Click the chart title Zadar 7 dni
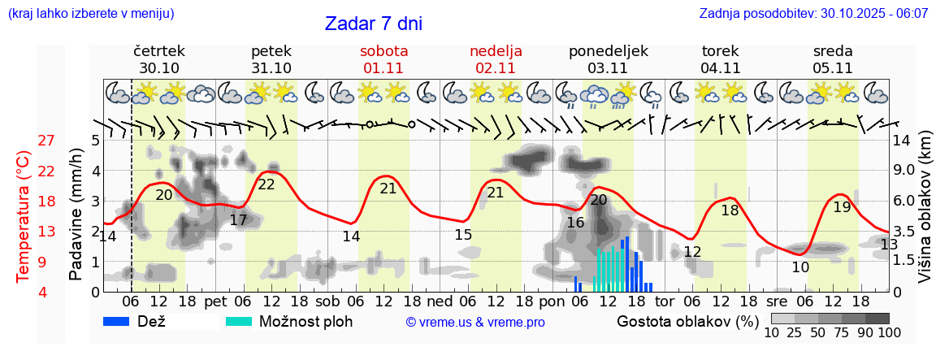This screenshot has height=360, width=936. pyautogui.click(x=373, y=24)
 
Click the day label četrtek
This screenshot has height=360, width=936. pyautogui.click(x=159, y=50)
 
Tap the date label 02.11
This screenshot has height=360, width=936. pyautogui.click(x=496, y=68)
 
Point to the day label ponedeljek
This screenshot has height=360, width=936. pyautogui.click(x=609, y=50)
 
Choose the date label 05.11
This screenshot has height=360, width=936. pyautogui.click(x=832, y=68)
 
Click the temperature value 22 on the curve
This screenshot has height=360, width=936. pyautogui.click(x=266, y=184)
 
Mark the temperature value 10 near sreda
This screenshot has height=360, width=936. pyautogui.click(x=800, y=267)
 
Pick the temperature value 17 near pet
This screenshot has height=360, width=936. pyautogui.click(x=238, y=220)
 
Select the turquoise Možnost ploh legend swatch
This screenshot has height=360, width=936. pyautogui.click(x=239, y=321)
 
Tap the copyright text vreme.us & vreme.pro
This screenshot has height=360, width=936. pyautogui.click(x=475, y=322)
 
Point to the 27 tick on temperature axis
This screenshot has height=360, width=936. pyautogui.click(x=46, y=140)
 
